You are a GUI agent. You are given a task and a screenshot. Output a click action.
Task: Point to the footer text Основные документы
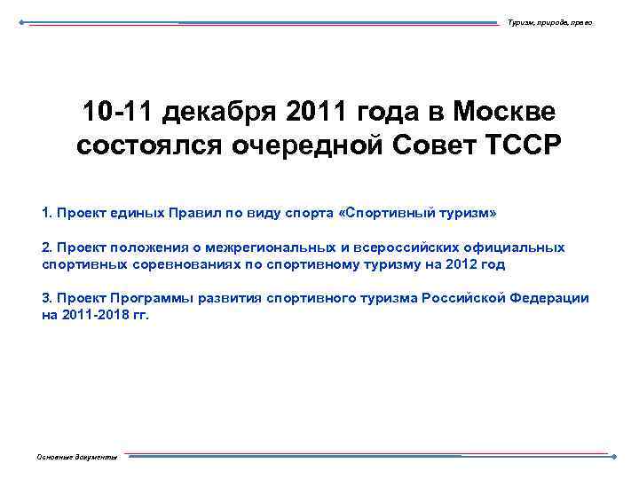pyautogui.click(x=76, y=457)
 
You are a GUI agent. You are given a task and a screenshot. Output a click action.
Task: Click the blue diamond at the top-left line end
pyautogui.click(x=22, y=22)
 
